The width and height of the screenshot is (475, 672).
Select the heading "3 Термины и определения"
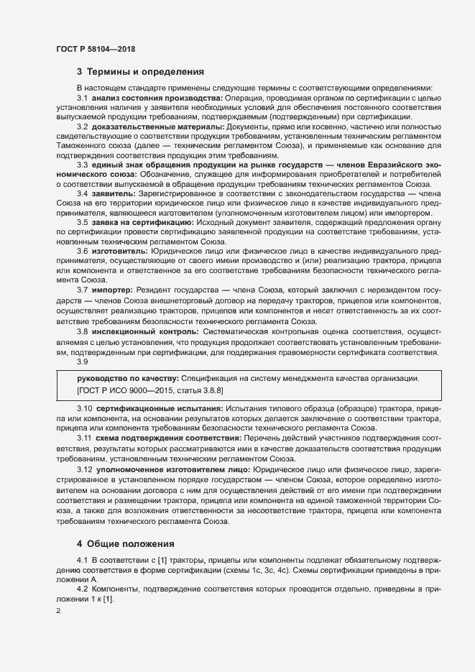[x=141, y=72]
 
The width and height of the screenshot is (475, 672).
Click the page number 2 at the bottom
[x=59, y=611]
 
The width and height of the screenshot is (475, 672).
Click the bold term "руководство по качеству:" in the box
[x=127, y=379]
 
